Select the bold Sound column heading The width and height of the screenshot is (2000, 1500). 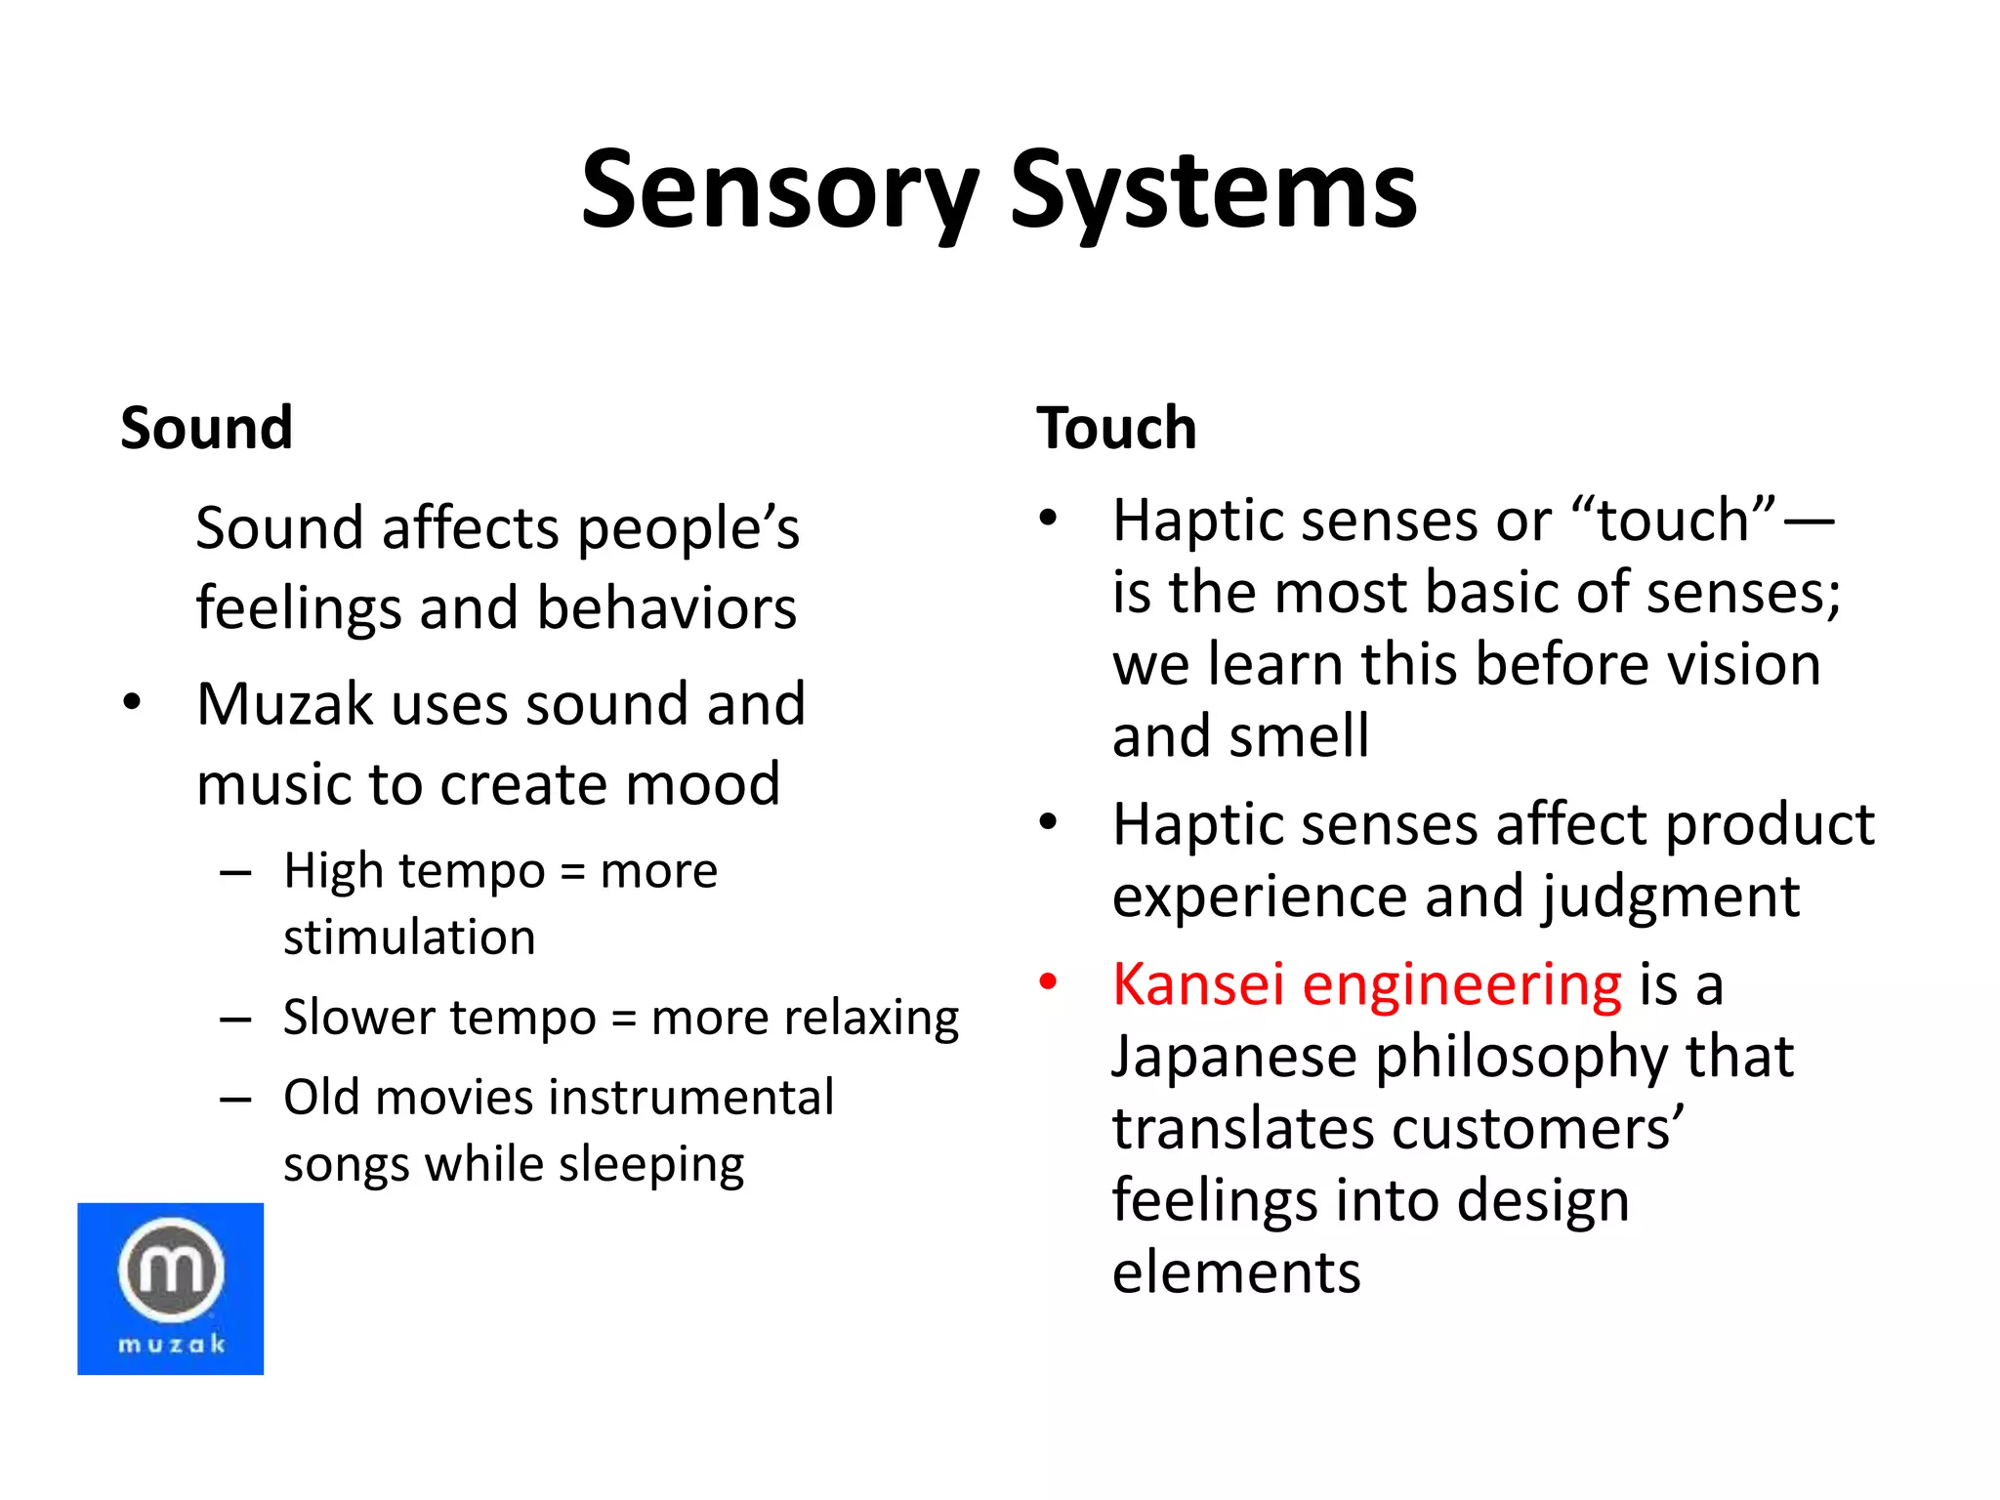(x=206, y=428)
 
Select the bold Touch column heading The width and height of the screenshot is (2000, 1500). (x=1116, y=428)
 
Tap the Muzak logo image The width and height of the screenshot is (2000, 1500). (x=171, y=1288)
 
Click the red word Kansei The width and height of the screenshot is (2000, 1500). (x=1197, y=983)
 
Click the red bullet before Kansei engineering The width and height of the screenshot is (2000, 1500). (x=1048, y=981)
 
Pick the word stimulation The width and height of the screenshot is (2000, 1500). (x=409, y=937)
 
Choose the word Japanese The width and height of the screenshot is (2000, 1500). (x=1234, y=1059)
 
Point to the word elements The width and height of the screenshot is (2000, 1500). (x=1236, y=1272)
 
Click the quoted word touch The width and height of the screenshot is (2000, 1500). (x=1672, y=520)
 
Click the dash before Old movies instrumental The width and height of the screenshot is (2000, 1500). (x=235, y=1100)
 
